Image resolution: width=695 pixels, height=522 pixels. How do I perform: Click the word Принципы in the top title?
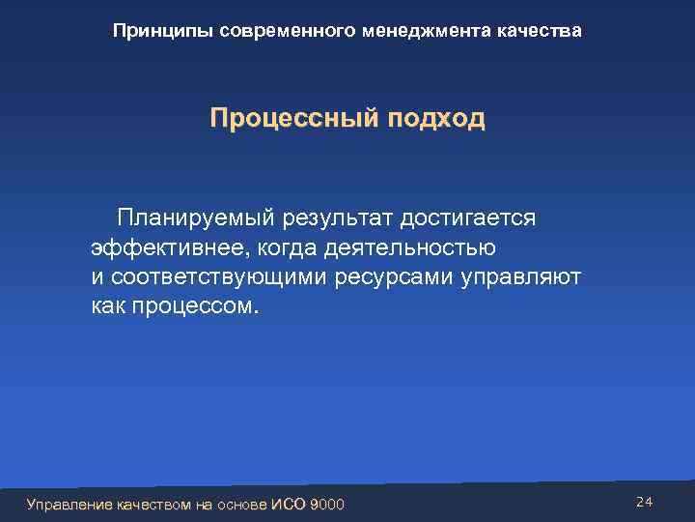162,32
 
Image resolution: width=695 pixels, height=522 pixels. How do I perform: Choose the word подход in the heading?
435,120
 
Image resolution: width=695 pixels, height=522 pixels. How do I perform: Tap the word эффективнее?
168,248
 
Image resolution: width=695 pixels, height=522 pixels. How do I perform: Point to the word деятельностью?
410,248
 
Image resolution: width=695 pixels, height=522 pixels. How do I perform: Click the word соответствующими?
221,277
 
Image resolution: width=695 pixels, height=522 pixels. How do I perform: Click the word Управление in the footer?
69,504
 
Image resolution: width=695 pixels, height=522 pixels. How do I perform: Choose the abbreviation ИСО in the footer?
287,504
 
